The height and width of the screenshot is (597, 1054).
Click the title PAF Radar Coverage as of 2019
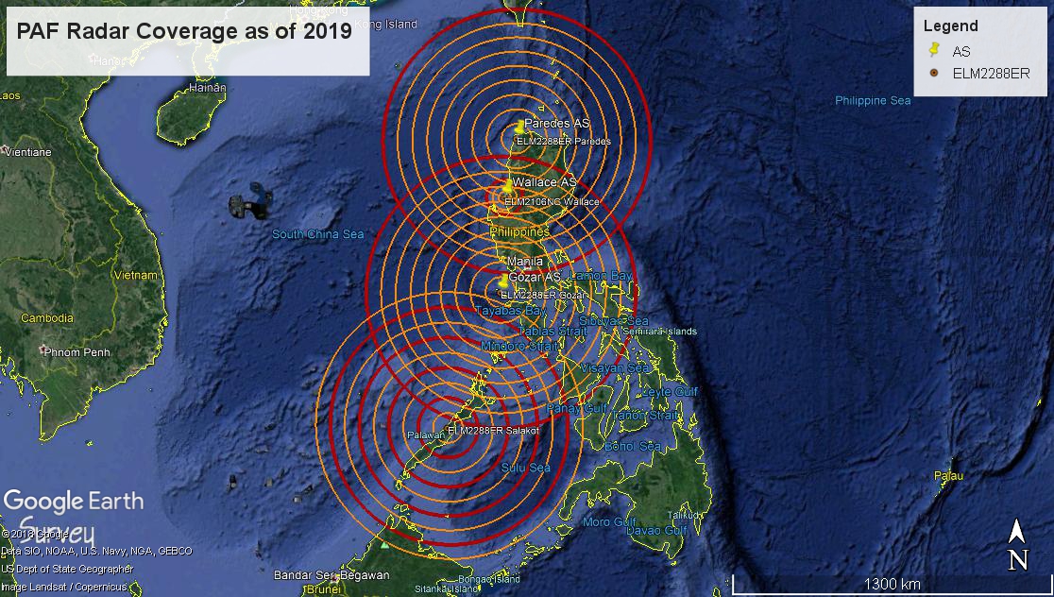(185, 30)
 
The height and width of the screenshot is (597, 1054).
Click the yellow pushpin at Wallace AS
(508, 186)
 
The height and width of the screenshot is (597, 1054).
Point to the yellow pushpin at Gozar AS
(503, 281)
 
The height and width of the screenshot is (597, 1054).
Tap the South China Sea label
(317, 234)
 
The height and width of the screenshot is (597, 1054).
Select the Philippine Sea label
(873, 100)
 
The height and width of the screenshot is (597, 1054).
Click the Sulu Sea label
(525, 468)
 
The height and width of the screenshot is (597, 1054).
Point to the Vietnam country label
(135, 276)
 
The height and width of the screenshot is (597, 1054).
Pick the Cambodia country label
(47, 318)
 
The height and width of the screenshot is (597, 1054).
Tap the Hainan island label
(208, 87)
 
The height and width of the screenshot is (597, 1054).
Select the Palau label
(948, 476)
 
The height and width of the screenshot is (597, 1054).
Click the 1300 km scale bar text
(892, 584)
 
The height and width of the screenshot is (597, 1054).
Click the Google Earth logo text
(74, 502)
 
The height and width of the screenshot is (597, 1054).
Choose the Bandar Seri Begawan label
(331, 574)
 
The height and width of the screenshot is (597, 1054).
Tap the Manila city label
(525, 261)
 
